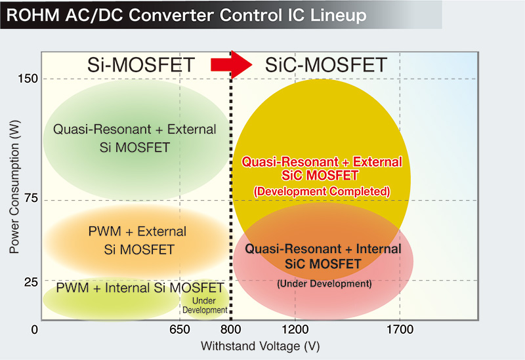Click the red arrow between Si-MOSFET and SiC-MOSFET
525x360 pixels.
[232, 64]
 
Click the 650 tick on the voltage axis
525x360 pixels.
[180, 329]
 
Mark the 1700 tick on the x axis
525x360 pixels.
[400, 329]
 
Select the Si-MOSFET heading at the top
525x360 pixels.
[141, 65]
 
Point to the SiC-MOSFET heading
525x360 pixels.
[326, 65]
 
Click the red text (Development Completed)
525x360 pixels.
[322, 191]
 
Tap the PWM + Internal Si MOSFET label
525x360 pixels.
[140, 288]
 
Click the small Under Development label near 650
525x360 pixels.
[205, 305]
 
